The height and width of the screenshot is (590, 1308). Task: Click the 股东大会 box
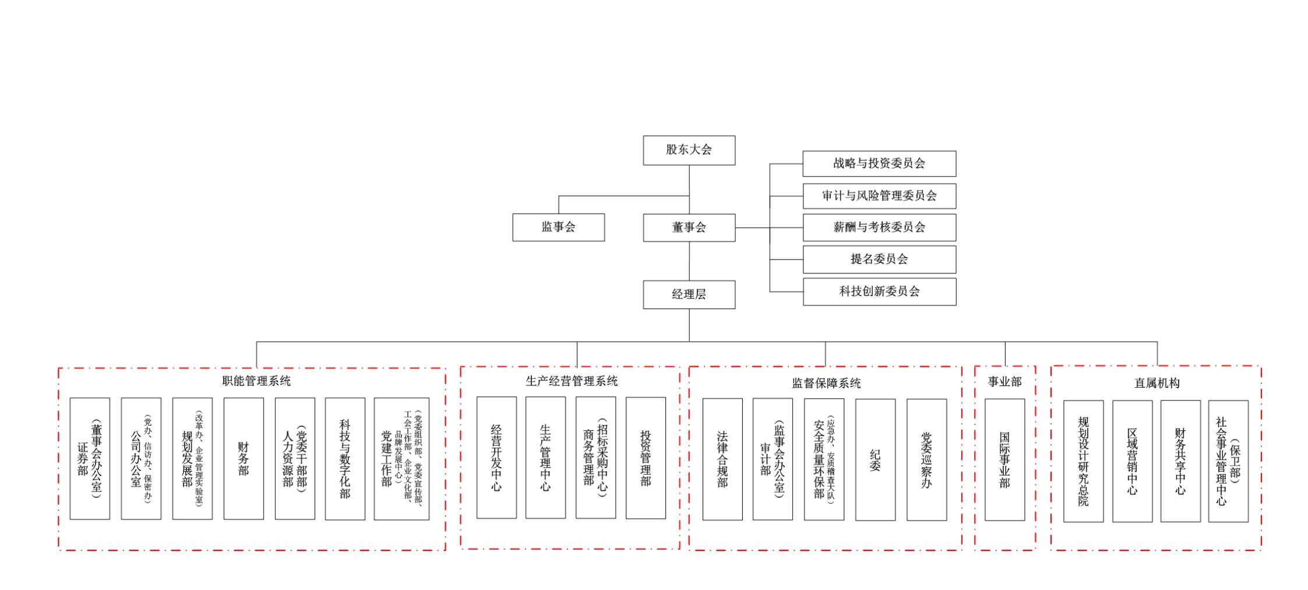(689, 150)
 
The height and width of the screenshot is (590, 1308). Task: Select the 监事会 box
(558, 227)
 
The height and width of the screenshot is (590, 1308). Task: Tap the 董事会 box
(689, 227)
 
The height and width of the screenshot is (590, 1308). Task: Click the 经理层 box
(689, 294)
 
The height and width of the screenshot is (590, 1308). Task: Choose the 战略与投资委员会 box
(879, 163)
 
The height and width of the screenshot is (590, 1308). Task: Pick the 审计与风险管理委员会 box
(879, 196)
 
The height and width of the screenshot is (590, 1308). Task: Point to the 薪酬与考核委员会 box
(879, 227)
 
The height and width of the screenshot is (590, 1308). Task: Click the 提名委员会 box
(879, 259)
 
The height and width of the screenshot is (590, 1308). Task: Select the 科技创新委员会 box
(879, 291)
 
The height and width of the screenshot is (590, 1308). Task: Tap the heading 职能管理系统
(256, 381)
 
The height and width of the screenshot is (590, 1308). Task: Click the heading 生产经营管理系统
(571, 381)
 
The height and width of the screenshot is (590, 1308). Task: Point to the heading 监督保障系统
(826, 383)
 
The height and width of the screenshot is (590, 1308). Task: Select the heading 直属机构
(1157, 383)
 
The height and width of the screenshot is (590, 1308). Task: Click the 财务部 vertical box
(244, 458)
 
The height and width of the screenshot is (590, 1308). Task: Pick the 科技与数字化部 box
(345, 458)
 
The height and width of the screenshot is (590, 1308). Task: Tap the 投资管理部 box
(646, 458)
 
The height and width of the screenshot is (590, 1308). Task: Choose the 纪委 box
(875, 459)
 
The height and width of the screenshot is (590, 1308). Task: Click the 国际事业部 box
(1004, 459)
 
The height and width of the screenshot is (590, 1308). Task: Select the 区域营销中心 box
(1132, 461)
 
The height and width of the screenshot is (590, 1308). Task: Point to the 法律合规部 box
(722, 459)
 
